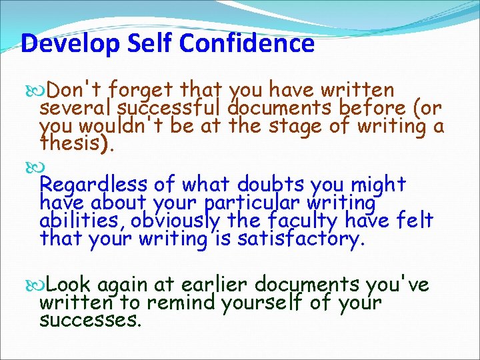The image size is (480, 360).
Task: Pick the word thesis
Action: click(75, 143)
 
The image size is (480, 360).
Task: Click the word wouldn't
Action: click(118, 125)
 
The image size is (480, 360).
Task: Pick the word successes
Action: click(90, 321)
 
